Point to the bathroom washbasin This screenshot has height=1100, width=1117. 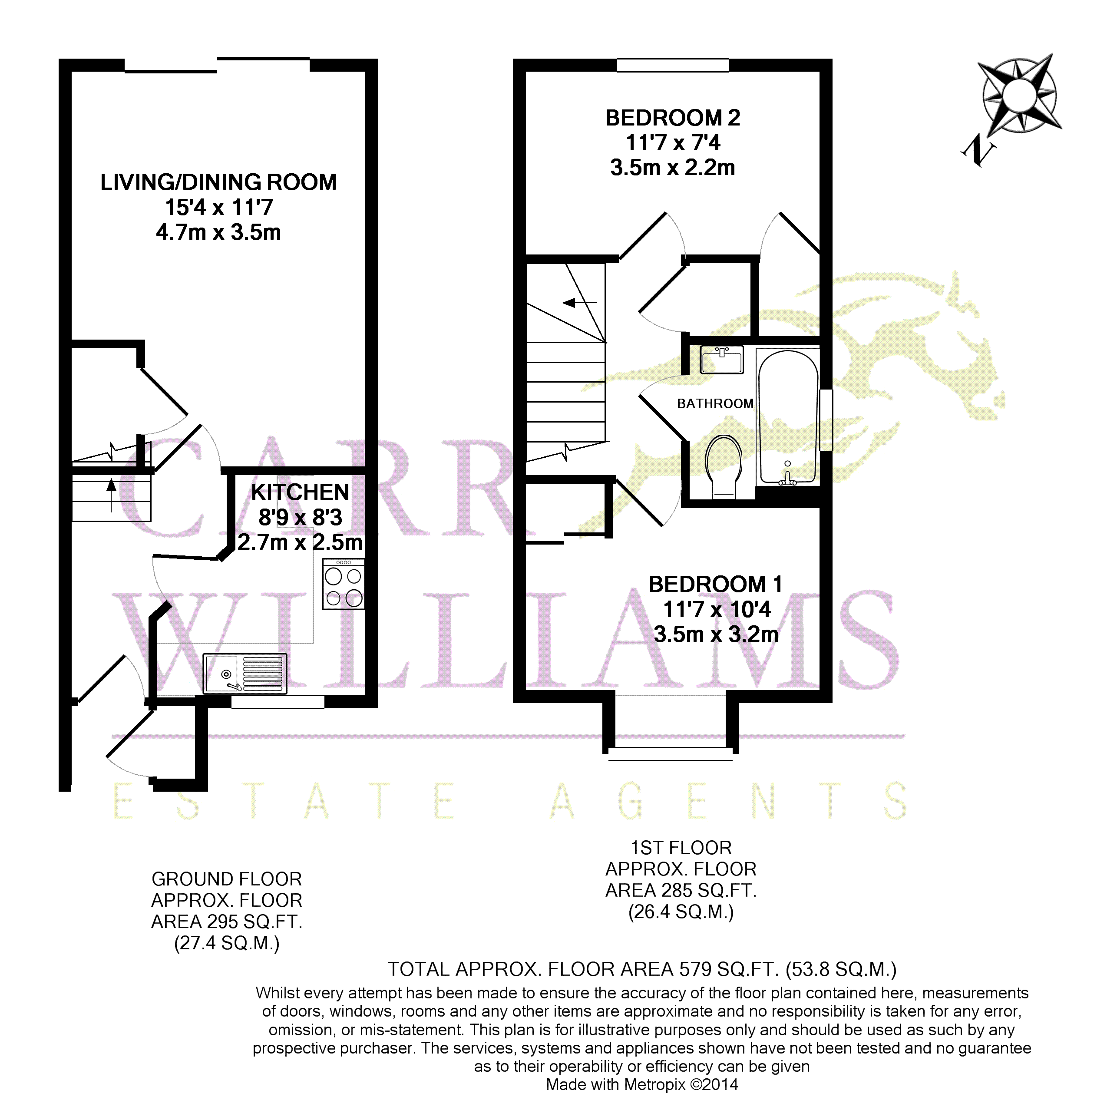pyautogui.click(x=722, y=359)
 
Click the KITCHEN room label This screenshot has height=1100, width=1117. pyautogui.click(x=300, y=492)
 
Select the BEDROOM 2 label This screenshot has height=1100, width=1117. pyautogui.click(x=673, y=118)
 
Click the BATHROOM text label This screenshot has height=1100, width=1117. pyautogui.click(x=715, y=403)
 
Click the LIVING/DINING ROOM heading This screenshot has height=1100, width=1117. pyautogui.click(x=218, y=182)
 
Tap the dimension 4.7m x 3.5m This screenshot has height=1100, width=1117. pyautogui.click(x=218, y=232)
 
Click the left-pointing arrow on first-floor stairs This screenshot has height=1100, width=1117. pyautogui.click(x=580, y=302)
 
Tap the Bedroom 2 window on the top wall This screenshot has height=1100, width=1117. pyautogui.click(x=673, y=65)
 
